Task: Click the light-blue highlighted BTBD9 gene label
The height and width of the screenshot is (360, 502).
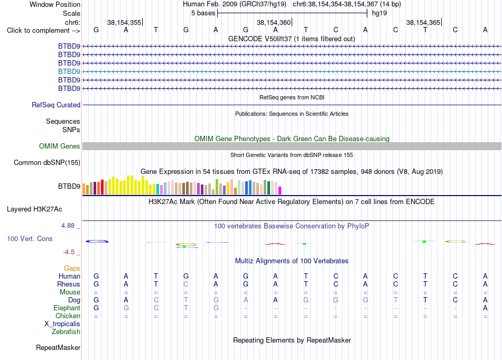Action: (69, 71)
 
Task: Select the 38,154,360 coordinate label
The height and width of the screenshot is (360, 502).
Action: (274, 22)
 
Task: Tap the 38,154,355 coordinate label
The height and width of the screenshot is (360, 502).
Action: (124, 22)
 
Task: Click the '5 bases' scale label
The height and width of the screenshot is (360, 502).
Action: (203, 13)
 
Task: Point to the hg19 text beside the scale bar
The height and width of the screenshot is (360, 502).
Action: (379, 13)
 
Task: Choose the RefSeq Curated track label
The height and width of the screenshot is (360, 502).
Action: (56, 105)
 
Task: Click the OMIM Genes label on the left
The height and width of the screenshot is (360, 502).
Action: (60, 146)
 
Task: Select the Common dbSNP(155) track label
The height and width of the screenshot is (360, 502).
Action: (47, 163)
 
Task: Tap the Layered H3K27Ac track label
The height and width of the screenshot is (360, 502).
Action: (34, 209)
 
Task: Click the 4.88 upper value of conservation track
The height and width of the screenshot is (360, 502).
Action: (68, 226)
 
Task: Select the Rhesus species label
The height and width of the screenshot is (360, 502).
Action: (69, 284)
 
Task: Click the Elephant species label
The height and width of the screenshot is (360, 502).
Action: (67, 308)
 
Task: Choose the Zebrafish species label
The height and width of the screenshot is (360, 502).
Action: (66, 332)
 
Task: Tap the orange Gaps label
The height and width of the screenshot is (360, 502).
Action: (72, 269)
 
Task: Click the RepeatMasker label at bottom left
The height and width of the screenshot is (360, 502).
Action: (58, 347)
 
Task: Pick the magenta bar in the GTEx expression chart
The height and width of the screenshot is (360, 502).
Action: (280, 190)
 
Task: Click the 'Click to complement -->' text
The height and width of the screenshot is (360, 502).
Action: (43, 31)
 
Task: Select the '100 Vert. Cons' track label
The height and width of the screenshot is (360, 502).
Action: (30, 238)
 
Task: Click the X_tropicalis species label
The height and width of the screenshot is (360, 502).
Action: (62, 324)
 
